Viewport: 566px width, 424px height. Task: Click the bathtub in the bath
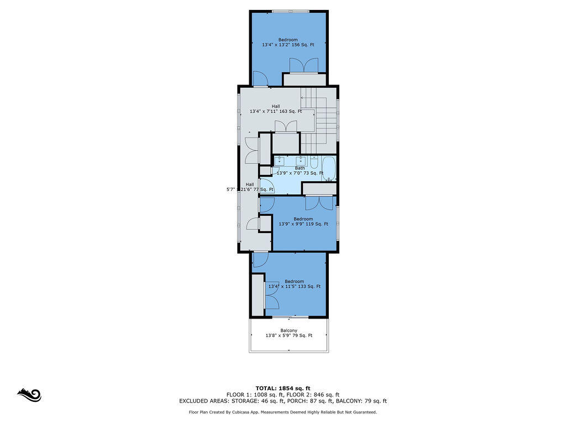pos(329,168)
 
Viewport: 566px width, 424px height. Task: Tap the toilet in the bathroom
pos(314,163)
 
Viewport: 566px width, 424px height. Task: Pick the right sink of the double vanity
pos(300,161)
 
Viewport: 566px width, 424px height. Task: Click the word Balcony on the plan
pos(289,330)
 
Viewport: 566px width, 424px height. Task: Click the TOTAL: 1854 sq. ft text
pos(283,388)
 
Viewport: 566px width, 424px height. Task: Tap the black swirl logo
pos(30,395)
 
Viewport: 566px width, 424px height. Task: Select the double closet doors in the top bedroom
pos(304,65)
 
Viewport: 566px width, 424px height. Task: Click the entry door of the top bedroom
pos(260,78)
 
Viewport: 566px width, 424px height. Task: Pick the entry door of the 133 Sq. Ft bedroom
pos(260,259)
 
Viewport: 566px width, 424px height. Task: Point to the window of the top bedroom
pos(290,12)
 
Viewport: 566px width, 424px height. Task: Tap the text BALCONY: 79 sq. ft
pos(361,401)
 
